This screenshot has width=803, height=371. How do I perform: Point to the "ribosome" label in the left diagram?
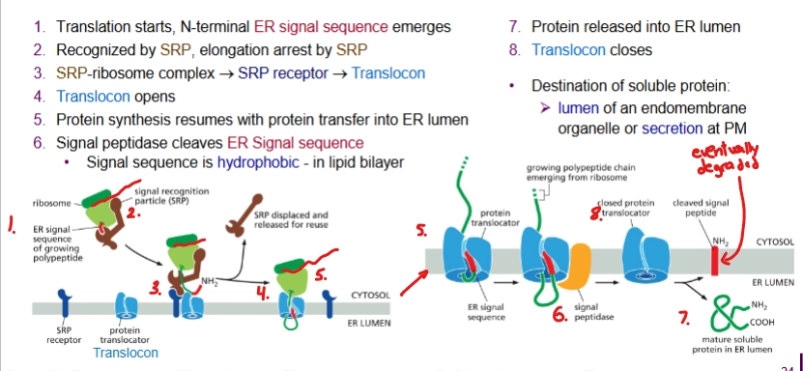[50, 204]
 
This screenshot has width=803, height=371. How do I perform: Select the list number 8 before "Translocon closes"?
[514, 49]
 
